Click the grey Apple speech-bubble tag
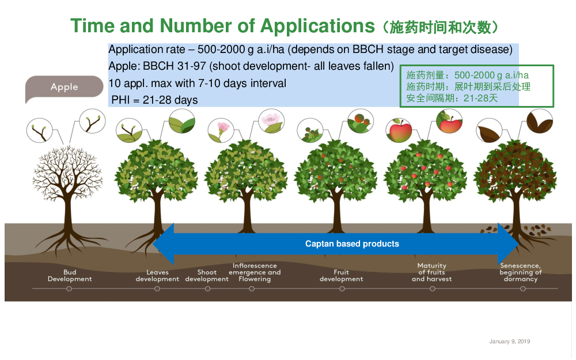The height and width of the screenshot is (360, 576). coord(65,88)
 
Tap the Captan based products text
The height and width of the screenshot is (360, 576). coord(352,244)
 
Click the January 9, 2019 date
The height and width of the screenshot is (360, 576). coord(510,342)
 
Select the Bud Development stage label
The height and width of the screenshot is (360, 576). coord(70,275)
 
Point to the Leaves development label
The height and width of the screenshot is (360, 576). coord(157,275)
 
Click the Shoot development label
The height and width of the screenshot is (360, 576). coord(207,275)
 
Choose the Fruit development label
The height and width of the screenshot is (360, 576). coord(341,275)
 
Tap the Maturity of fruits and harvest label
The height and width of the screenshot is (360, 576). coord(431,272)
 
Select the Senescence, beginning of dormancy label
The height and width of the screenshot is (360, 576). coord(521,272)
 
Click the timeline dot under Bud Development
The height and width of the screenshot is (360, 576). coord(69,289)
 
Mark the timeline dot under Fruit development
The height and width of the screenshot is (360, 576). coord(342,289)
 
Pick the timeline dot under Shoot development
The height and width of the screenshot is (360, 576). coord(207,289)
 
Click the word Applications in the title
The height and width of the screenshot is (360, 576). coord(317,26)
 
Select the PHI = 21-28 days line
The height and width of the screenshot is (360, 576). coord(154,100)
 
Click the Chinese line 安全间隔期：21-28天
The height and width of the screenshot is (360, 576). coord(452,98)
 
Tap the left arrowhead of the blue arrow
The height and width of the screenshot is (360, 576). coord(164,244)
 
